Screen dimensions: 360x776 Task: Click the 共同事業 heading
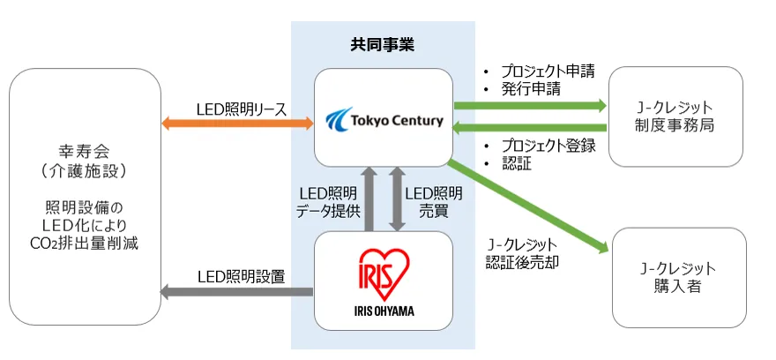[382, 43]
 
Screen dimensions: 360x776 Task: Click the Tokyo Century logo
[384, 118]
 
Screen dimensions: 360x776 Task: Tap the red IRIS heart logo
[384, 270]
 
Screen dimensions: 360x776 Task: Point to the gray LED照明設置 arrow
[236, 291]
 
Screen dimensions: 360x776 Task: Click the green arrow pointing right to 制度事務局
[529, 106]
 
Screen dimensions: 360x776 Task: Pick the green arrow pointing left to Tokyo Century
[529, 127]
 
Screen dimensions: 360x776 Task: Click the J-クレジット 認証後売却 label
[521, 253]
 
